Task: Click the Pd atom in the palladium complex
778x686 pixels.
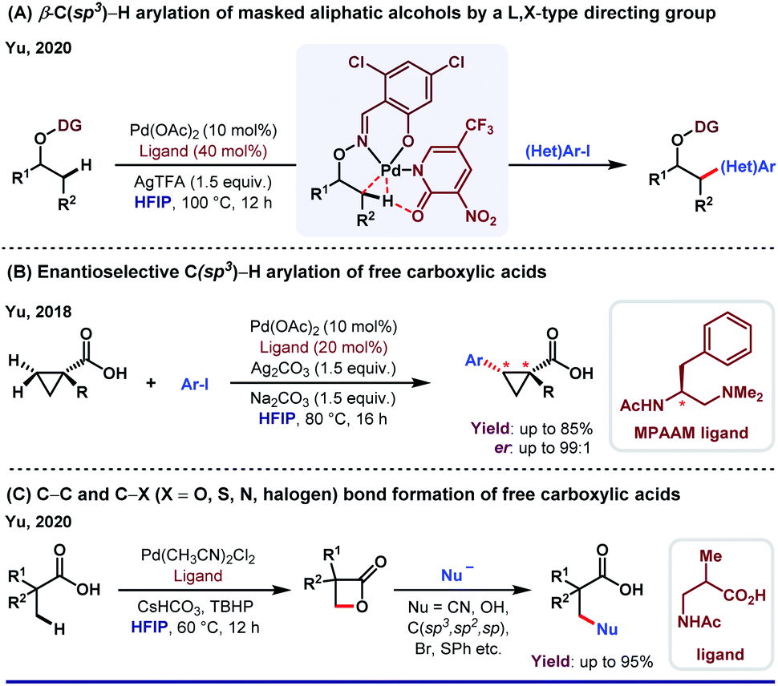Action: (x=391, y=170)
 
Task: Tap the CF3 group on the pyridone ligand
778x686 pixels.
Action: (x=480, y=127)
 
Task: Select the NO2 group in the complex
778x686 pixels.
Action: (x=480, y=216)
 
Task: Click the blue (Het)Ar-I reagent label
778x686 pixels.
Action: (x=558, y=151)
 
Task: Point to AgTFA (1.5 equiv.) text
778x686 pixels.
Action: (x=203, y=182)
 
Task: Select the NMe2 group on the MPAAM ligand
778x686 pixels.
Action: (x=742, y=393)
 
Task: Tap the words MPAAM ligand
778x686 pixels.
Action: (x=691, y=433)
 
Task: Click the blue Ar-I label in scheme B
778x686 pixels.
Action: (x=194, y=384)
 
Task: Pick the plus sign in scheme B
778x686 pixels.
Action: (x=151, y=383)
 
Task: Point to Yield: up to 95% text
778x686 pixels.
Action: (x=592, y=661)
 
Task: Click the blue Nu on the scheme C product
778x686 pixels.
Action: (x=607, y=629)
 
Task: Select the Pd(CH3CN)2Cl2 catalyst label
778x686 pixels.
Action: (x=198, y=557)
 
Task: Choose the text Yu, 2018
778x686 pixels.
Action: (x=38, y=312)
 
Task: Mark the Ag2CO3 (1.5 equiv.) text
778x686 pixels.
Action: (x=323, y=369)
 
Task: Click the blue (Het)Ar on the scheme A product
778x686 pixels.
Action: (x=748, y=167)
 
